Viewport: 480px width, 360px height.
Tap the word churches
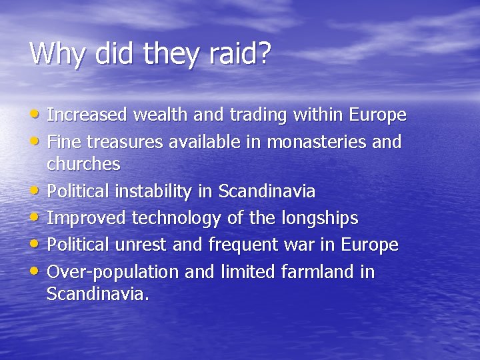pyautogui.click(x=83, y=163)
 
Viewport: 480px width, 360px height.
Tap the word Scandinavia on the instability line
pyautogui.click(x=267, y=192)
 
